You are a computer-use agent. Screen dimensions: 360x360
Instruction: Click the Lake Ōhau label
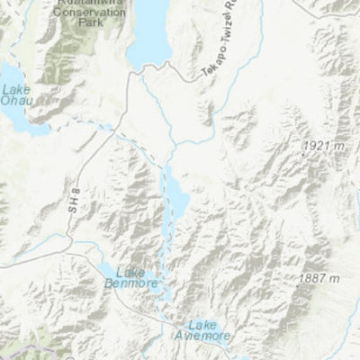click(19, 94)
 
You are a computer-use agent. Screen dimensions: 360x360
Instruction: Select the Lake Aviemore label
click(209, 329)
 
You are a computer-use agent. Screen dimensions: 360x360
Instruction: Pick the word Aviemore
click(209, 335)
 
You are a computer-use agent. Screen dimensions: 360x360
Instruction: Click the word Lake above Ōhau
click(15, 89)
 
